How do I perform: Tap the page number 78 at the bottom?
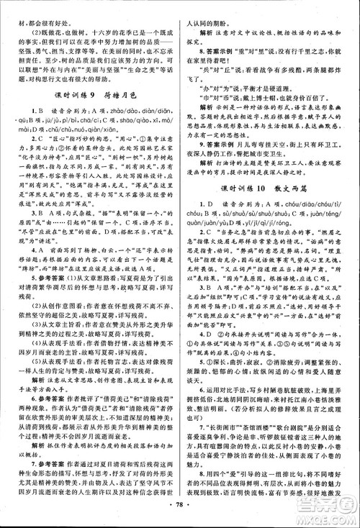[179, 518]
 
